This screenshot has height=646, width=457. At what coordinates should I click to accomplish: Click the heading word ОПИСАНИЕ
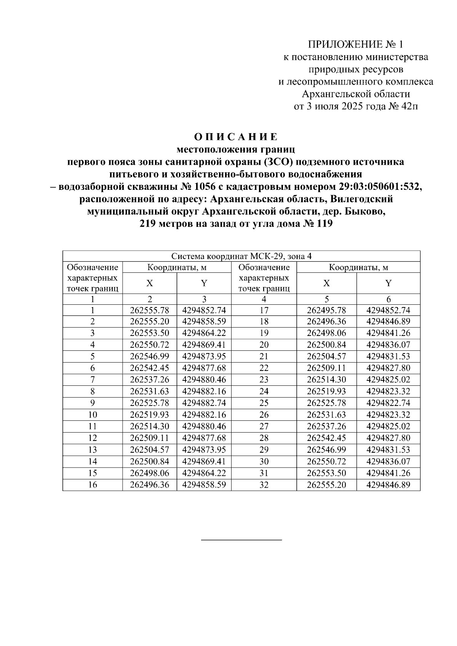pos(236,137)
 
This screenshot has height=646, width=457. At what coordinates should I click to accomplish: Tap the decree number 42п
pos(409,107)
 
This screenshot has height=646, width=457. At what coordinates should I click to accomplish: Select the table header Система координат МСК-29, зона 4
pos(241,256)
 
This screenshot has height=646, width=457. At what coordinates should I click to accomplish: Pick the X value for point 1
pos(149,310)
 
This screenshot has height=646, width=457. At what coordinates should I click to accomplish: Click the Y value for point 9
pos(204,403)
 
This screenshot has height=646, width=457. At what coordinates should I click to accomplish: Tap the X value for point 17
pos(326,310)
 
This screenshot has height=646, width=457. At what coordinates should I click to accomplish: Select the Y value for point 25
pos(388,403)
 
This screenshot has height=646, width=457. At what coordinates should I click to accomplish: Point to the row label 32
pos(264,485)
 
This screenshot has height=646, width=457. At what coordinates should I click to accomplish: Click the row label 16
pos(93,485)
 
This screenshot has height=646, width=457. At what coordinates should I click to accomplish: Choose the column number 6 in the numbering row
pos(388,299)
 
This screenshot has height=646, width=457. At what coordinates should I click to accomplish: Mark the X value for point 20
pos(326,345)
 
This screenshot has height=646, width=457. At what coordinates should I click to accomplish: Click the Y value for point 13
pos(204,450)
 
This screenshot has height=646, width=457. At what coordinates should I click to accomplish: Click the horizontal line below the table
pos(241,539)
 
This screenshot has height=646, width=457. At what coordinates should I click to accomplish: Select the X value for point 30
pos(326,462)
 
